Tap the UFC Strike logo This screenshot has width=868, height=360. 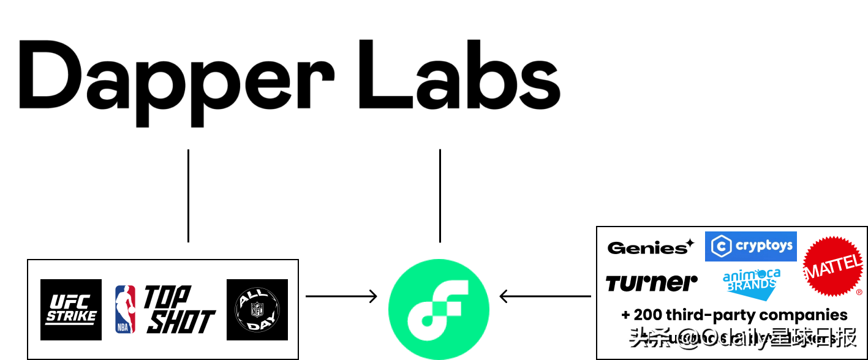pos(71,309)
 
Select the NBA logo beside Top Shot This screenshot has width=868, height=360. pos(126,309)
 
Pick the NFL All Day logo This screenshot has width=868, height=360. pos(257,309)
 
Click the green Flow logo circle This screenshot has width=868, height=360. pos(439,309)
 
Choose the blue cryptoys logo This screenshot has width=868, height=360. pos(751,246)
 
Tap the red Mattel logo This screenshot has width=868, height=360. pos(833,267)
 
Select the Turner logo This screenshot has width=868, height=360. pos(652,283)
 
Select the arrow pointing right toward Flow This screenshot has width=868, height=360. pos(341,296)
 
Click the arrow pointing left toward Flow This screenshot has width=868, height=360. pos(545,296)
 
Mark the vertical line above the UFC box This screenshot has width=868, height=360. pos(188,196)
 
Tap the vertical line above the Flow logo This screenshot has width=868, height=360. pos(440,196)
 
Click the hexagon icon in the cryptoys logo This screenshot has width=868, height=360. pos(720,247)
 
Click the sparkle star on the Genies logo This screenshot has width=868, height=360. pos(690,243)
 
